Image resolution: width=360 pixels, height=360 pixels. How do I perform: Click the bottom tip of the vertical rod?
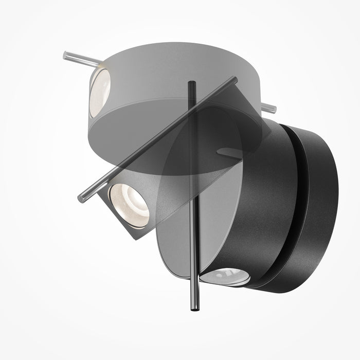[x=195, y=310]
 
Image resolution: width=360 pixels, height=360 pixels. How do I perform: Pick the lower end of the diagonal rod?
[x=81, y=197]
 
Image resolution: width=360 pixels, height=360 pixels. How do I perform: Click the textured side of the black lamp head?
[x=262, y=206]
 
